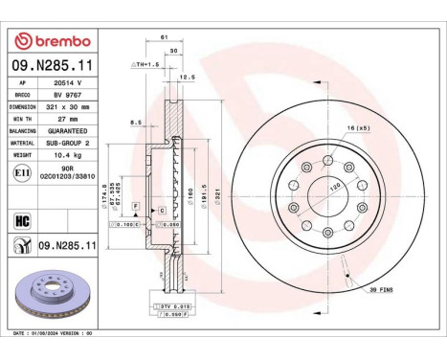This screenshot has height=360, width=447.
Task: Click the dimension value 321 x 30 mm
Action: pos(65,109)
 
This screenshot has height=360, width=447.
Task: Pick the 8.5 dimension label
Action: pos(138,122)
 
